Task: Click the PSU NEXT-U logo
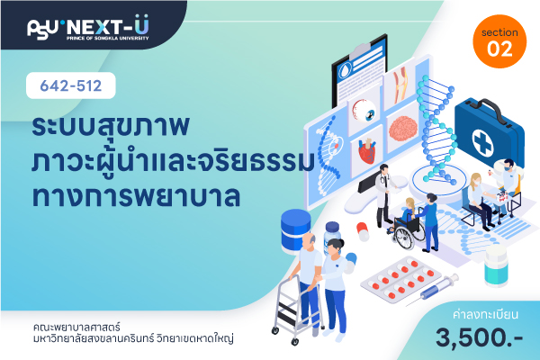pos(88,28)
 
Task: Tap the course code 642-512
pos(71,85)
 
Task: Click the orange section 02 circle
pos(499,41)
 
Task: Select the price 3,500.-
pos(479,337)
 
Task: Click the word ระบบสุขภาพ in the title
pos(111,126)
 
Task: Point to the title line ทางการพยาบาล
pos(136,196)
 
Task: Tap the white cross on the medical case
pos(482,142)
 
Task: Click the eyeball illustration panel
pos(364,111)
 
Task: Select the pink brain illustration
pos(403,128)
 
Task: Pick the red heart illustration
pos(367,151)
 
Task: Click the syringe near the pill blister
pos(432,290)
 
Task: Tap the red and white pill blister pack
pos(401,279)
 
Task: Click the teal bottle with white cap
pos(496,266)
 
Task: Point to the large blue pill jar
pos(295,230)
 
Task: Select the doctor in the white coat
pos(384,195)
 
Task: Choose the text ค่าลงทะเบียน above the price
pos(486,314)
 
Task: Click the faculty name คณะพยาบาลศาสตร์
pos(76,327)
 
